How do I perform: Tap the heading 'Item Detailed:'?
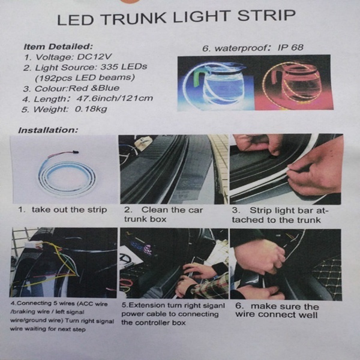(x=58, y=47)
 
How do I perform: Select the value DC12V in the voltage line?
(x=95, y=57)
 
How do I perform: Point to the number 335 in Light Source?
(x=109, y=67)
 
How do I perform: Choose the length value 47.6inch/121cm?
(x=115, y=98)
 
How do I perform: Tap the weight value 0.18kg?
(x=91, y=109)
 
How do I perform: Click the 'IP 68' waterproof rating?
(x=290, y=47)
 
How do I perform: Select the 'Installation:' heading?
(x=48, y=130)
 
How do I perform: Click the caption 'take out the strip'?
(x=70, y=209)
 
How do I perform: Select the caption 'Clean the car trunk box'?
(x=163, y=214)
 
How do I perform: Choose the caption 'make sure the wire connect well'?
(x=277, y=310)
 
